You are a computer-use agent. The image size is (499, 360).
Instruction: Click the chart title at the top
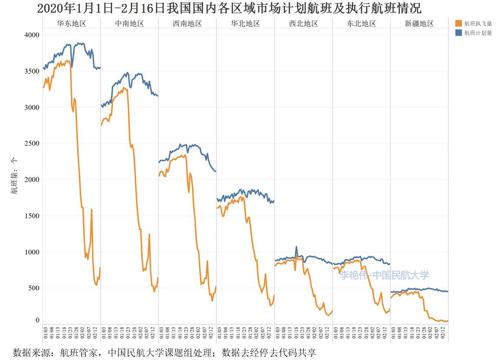point(229,9)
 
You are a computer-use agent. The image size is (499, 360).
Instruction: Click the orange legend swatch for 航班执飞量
point(458,24)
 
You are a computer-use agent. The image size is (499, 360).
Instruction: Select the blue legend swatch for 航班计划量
point(458,33)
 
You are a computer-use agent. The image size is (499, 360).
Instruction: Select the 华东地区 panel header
point(72,24)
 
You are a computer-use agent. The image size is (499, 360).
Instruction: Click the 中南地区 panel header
point(129,24)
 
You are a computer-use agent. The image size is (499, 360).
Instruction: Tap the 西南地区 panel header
point(187,24)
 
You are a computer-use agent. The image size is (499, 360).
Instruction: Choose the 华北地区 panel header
point(245,24)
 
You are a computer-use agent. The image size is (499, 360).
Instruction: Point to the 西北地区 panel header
point(303,24)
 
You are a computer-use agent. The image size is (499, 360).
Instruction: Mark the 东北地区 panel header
point(361,24)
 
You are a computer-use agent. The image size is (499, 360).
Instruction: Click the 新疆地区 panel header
point(419,24)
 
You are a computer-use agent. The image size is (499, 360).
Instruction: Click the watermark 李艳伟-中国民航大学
point(384,275)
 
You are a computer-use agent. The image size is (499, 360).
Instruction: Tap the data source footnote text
point(164,352)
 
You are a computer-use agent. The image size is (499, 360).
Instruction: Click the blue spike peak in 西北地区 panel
point(297,247)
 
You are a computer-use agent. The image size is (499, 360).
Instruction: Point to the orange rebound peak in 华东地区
point(92,210)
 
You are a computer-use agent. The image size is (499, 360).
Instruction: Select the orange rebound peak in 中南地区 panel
point(149,234)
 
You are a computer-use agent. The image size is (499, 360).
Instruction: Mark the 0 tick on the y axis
point(37,320)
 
